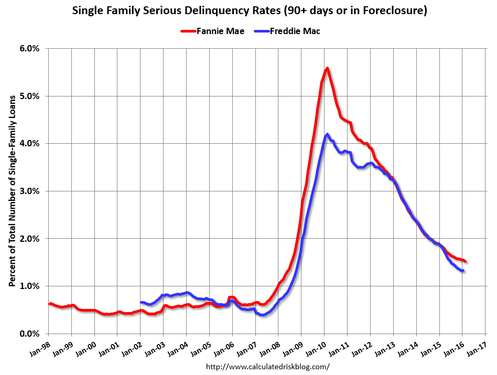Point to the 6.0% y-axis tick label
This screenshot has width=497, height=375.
(x=29, y=48)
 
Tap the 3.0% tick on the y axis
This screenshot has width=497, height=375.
(x=29, y=191)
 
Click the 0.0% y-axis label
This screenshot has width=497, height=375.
(x=29, y=334)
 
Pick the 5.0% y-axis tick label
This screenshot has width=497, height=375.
(x=29, y=96)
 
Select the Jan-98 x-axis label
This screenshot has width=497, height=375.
(x=40, y=347)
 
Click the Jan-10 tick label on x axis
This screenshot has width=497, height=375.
(x=316, y=347)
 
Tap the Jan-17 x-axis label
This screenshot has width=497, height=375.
(x=477, y=347)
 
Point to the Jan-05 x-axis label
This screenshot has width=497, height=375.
(x=201, y=347)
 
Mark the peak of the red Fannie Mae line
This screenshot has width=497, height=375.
(x=327, y=68)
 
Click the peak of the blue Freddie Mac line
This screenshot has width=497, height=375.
(x=327, y=134)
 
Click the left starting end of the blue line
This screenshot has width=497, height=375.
(x=141, y=302)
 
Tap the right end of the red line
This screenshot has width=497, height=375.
(x=466, y=262)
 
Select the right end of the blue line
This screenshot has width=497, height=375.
(x=463, y=271)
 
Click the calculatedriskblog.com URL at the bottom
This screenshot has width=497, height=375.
(x=268, y=367)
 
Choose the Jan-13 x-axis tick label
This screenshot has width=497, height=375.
(x=385, y=347)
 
